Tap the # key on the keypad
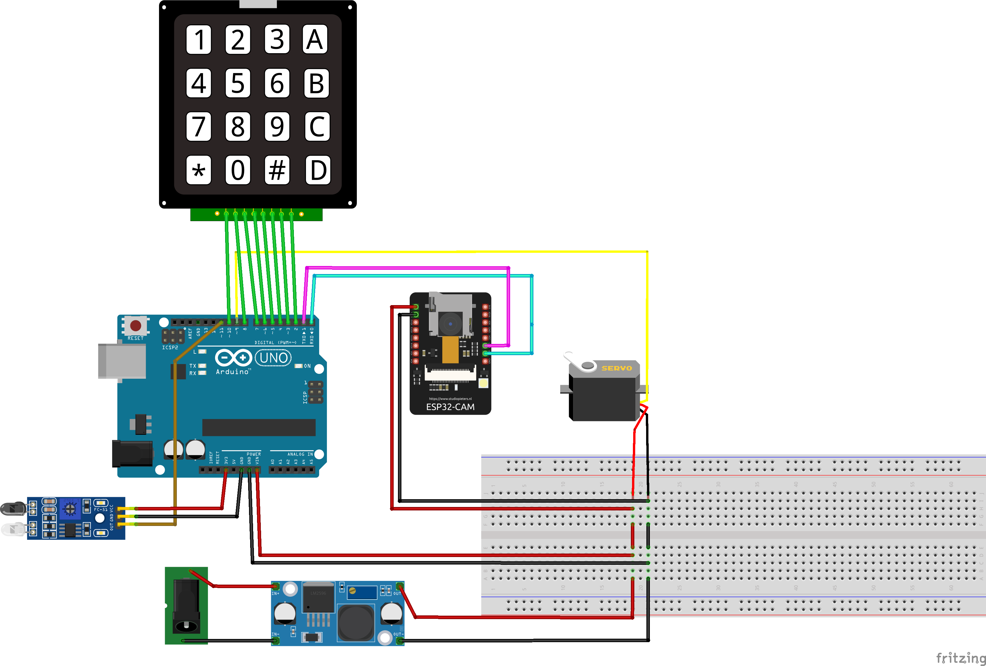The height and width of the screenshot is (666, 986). pyautogui.click(x=277, y=170)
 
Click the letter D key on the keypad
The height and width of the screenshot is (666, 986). pyautogui.click(x=318, y=170)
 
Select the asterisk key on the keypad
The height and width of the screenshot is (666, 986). pyautogui.click(x=199, y=170)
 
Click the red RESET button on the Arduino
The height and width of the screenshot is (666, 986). pyautogui.click(x=136, y=325)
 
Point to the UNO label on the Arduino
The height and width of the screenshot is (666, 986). pyautogui.click(x=273, y=358)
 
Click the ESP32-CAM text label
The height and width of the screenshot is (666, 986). pyautogui.click(x=450, y=407)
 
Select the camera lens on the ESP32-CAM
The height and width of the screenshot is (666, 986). pyautogui.click(x=450, y=324)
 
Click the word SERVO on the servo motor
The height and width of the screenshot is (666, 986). pyautogui.click(x=617, y=368)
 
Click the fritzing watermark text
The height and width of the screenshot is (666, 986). pyautogui.click(x=960, y=657)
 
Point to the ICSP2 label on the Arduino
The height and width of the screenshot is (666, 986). pyautogui.click(x=170, y=347)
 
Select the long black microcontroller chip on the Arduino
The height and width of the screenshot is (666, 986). pyautogui.click(x=259, y=427)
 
